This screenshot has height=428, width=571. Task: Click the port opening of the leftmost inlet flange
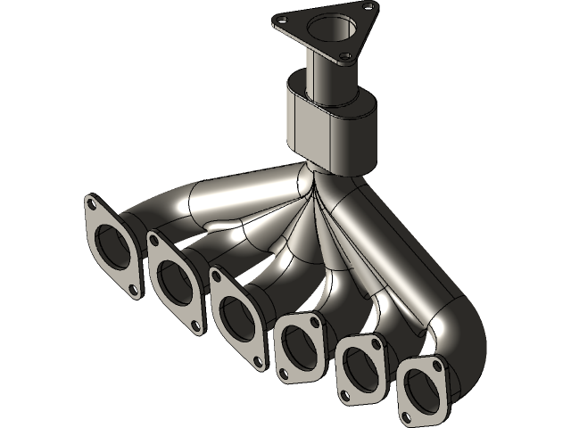click(114, 247)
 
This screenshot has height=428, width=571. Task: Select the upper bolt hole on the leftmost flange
click(93, 207)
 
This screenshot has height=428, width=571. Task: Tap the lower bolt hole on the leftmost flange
click(133, 291)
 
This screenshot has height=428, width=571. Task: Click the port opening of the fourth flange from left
click(298, 344)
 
